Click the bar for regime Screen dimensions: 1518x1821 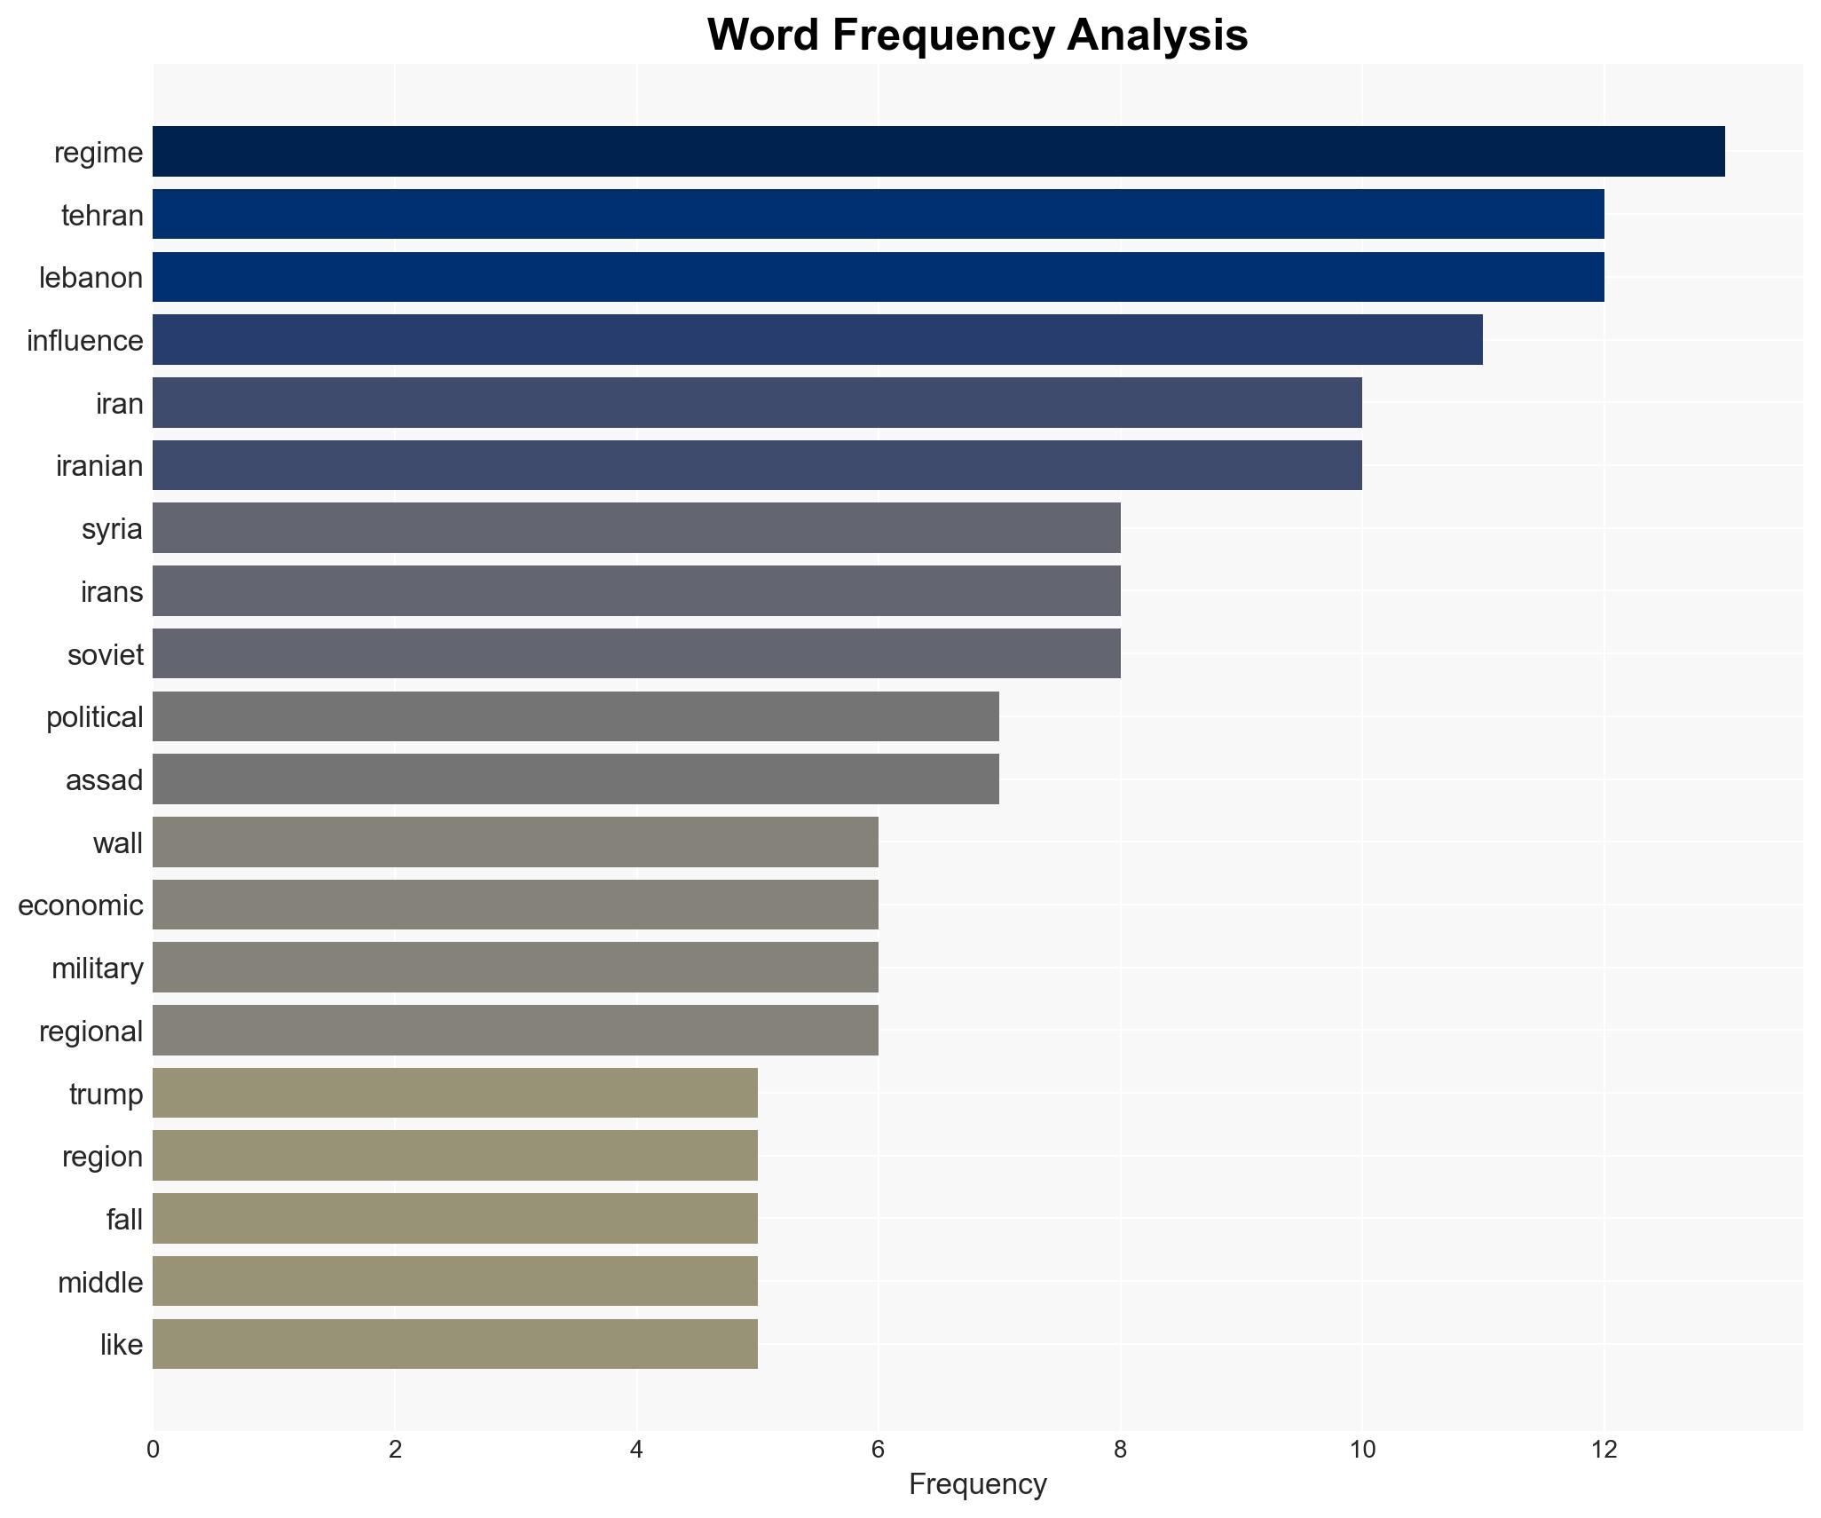click(x=938, y=151)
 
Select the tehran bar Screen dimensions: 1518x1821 click(x=878, y=214)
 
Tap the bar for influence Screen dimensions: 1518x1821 click(x=817, y=339)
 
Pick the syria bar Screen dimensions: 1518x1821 click(x=636, y=527)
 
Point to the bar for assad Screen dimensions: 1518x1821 click(x=575, y=779)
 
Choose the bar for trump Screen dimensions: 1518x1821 click(x=454, y=1093)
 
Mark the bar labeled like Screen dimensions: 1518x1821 click(x=454, y=1343)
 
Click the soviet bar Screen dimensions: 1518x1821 click(x=636, y=653)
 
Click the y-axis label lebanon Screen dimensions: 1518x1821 click(x=91, y=278)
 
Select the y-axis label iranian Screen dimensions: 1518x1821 click(x=99, y=466)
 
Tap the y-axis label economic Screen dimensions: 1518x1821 click(x=81, y=905)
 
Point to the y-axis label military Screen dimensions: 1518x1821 click(x=98, y=969)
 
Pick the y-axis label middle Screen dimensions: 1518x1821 click(x=100, y=1283)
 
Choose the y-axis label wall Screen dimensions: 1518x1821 click(x=118, y=842)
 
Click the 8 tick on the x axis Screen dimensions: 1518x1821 click(x=1120, y=1450)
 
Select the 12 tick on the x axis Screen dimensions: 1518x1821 click(x=1604, y=1450)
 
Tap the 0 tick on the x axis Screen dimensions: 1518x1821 click(x=154, y=1450)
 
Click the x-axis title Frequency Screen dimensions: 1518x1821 click(x=978, y=1484)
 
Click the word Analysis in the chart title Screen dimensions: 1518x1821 click(x=1157, y=36)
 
